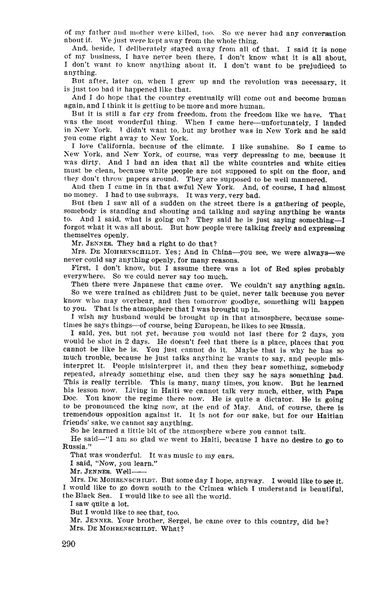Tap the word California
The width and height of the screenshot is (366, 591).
(x=106, y=147)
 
